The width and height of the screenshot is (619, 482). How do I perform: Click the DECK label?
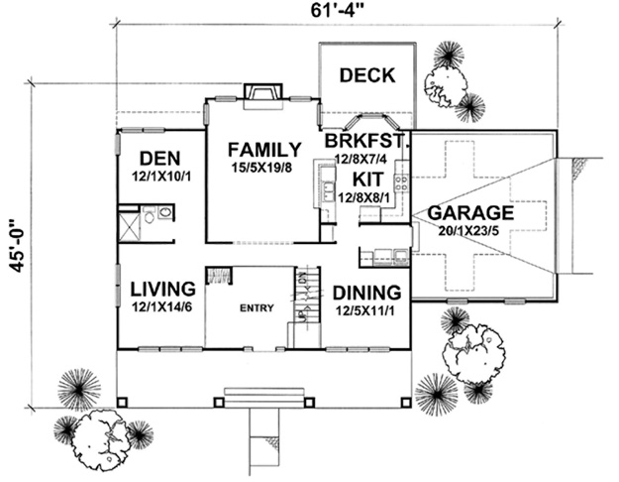coord(367,75)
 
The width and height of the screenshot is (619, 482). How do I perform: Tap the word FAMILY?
coord(264,151)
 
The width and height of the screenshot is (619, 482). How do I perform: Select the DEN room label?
coord(159,159)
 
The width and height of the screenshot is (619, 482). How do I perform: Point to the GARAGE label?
coord(470,212)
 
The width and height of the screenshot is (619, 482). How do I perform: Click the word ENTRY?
coord(257,307)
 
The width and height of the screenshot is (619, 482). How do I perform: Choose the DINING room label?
coord(366,293)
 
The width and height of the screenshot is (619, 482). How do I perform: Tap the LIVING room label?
coord(162,289)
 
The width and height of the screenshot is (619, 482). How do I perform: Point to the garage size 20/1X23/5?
coord(468,230)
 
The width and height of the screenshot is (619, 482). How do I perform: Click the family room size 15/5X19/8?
coord(261,168)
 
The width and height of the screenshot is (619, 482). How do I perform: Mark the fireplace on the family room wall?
coord(263,96)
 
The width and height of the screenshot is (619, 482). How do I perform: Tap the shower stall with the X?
coord(130,227)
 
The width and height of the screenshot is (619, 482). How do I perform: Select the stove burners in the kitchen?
coord(401,182)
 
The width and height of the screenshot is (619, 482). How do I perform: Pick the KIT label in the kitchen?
coord(367,180)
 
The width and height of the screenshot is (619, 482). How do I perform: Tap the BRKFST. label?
coord(365,141)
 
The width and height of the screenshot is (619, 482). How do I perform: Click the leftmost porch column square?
coord(122,402)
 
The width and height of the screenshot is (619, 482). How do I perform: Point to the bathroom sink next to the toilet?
coord(165,212)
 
